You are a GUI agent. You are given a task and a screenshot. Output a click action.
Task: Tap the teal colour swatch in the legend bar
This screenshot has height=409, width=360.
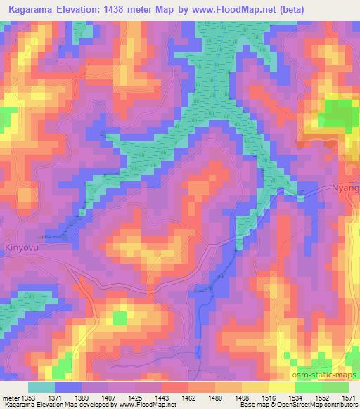tap(41, 387)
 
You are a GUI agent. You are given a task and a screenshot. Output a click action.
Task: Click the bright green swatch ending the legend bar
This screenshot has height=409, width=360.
tap(335, 387)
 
